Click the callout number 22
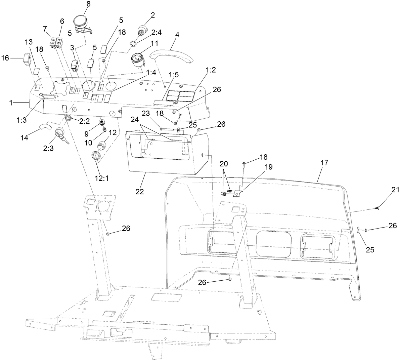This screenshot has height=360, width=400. tap(140, 192)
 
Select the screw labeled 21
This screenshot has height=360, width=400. tap(377, 209)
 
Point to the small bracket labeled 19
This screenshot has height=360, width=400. tap(237, 193)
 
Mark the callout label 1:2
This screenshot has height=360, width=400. tap(211, 70)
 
